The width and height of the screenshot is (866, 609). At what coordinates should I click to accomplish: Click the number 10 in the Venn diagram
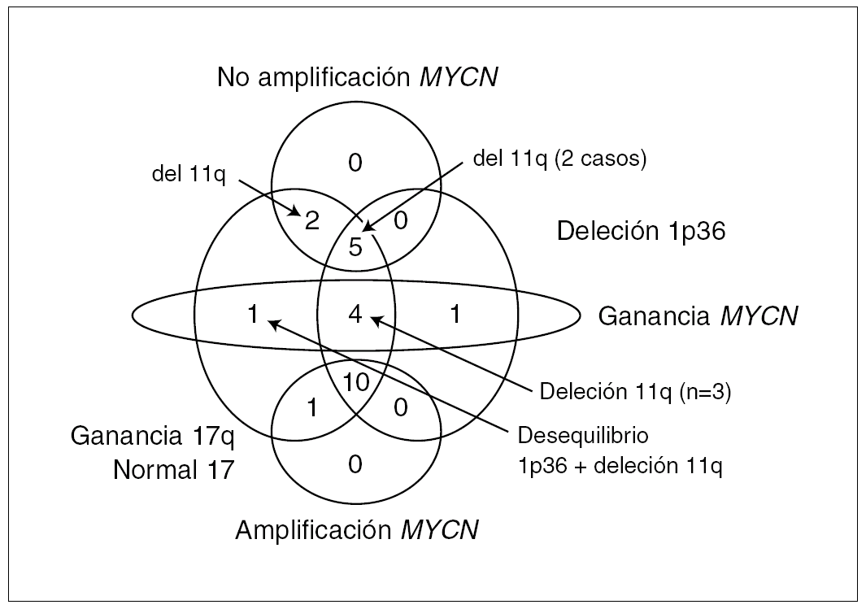pos(355,381)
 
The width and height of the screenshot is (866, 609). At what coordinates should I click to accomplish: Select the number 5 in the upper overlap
pos(355,247)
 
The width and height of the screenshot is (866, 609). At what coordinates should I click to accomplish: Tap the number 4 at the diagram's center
pos(355,315)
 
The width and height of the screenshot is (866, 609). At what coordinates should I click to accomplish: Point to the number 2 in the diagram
pos(311,221)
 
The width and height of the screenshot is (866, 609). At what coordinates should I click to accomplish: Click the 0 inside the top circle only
pos(355,164)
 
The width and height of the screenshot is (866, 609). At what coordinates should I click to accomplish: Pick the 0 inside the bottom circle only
pos(355,465)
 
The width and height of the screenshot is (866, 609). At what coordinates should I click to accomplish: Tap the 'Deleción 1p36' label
pos(641,232)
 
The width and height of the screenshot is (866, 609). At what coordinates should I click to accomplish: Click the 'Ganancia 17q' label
pos(153,437)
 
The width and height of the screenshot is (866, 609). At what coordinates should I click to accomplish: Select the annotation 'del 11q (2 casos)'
pos(559,159)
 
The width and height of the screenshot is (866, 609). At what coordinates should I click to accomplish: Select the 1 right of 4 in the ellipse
pos(455,315)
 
